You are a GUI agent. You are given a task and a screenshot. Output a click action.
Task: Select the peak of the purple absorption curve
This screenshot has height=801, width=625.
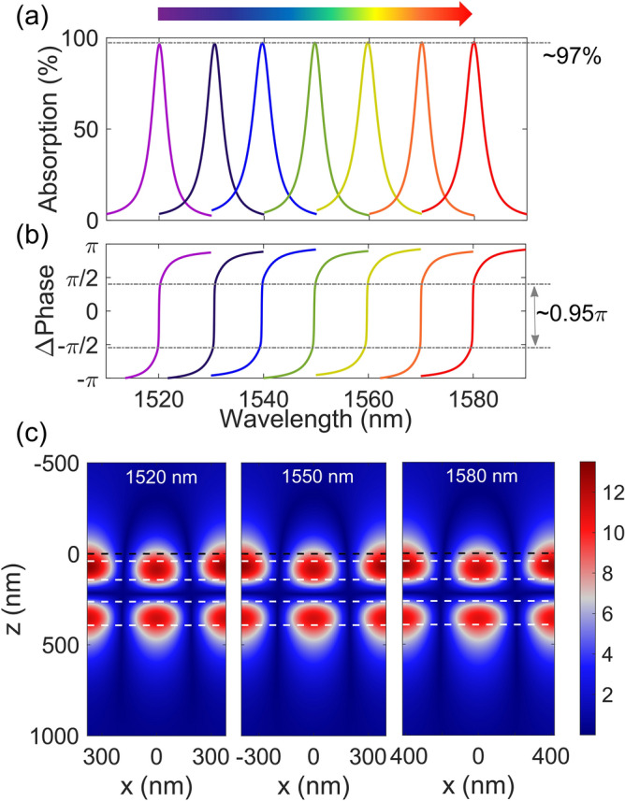[x=159, y=44]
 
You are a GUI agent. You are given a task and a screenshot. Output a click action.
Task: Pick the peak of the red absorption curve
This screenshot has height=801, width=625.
[x=473, y=43]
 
